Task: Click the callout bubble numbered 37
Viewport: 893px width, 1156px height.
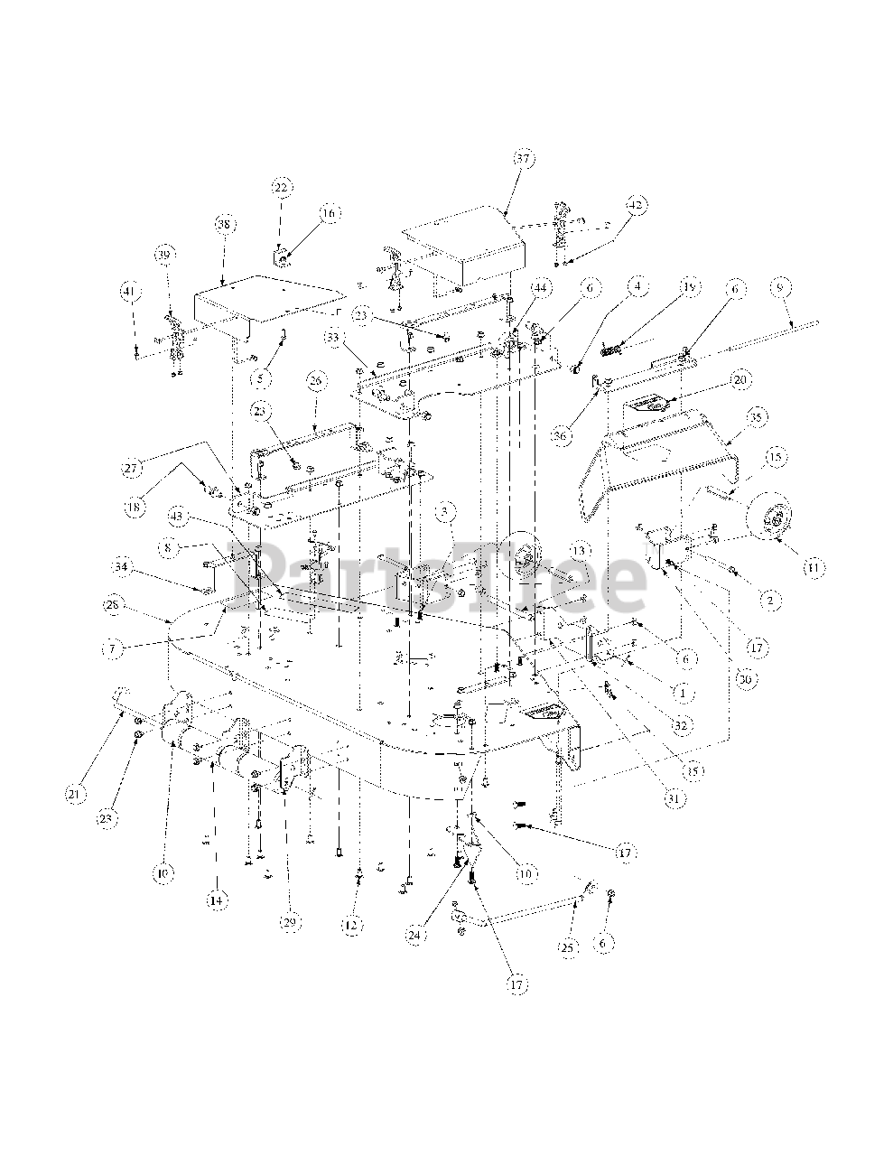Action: (x=526, y=157)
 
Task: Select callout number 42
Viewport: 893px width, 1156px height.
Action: (x=636, y=205)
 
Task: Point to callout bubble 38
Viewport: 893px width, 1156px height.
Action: (x=224, y=223)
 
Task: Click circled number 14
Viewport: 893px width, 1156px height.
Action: (x=216, y=899)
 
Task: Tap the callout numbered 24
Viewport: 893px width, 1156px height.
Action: (x=414, y=937)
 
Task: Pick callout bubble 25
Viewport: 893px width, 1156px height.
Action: (x=566, y=947)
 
